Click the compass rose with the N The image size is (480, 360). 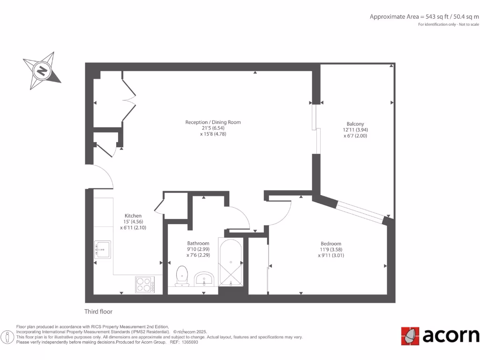pyautogui.click(x=41, y=71)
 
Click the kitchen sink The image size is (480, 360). pyautogui.click(x=102, y=249)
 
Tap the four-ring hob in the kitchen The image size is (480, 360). pyautogui.click(x=145, y=284)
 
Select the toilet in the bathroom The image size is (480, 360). pyautogui.click(x=181, y=276)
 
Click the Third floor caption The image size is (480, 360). pyautogui.click(x=98, y=312)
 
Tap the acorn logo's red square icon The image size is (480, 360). pyautogui.click(x=410, y=336)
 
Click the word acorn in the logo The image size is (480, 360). pyautogui.click(x=451, y=336)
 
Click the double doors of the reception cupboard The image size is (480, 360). pyautogui.click(x=129, y=99)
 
